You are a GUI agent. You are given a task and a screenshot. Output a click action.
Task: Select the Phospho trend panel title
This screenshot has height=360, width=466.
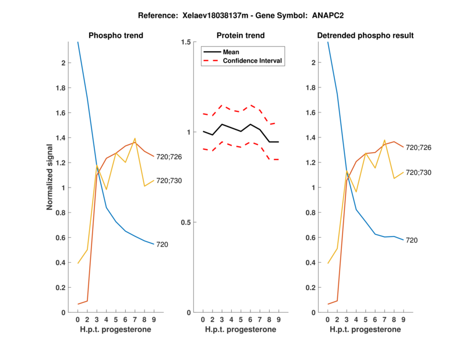[x=115, y=36]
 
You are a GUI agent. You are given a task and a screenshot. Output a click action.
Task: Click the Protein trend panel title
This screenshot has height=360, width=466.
[x=241, y=36]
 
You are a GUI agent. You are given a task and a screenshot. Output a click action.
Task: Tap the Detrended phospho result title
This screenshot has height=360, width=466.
[x=365, y=36]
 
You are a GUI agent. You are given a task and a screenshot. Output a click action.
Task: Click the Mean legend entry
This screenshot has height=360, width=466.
[x=231, y=51]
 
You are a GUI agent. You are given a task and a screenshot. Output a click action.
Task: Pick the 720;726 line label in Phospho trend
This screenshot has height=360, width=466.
[x=169, y=157]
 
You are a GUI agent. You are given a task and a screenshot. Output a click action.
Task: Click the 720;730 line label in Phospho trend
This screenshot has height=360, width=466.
[x=169, y=181]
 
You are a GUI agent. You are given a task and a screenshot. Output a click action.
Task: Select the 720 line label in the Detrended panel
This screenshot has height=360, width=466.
[x=412, y=240]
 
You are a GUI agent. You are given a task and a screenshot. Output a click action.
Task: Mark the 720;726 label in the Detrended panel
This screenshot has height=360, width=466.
[x=418, y=147]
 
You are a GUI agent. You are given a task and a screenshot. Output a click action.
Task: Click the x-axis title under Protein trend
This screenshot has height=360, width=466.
[x=241, y=330]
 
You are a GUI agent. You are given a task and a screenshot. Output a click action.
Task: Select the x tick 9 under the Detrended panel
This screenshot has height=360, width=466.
[x=403, y=320]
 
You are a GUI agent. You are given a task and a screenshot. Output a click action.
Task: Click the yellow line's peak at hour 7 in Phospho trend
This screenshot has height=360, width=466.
[x=135, y=139]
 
